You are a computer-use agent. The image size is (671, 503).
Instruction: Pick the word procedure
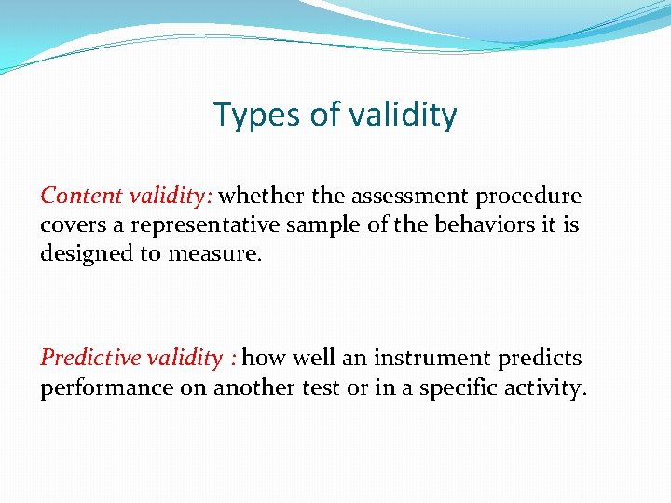click(x=528, y=197)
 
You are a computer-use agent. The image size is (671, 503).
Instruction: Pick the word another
click(x=254, y=387)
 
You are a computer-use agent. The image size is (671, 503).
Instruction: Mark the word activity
click(x=550, y=387)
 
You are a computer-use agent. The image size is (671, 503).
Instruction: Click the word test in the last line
click(x=322, y=387)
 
